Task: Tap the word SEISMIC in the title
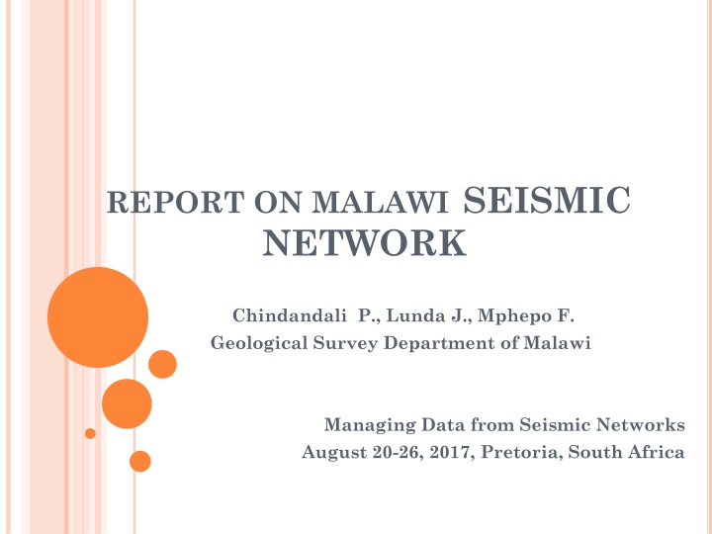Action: tap(546, 201)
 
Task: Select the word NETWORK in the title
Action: tap(365, 242)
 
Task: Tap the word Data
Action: tap(427, 425)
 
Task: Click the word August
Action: tap(328, 452)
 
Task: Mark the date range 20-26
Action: tap(382, 452)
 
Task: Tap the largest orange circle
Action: tap(98, 317)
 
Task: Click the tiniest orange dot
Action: tap(90, 433)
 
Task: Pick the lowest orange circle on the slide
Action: tap(140, 461)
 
